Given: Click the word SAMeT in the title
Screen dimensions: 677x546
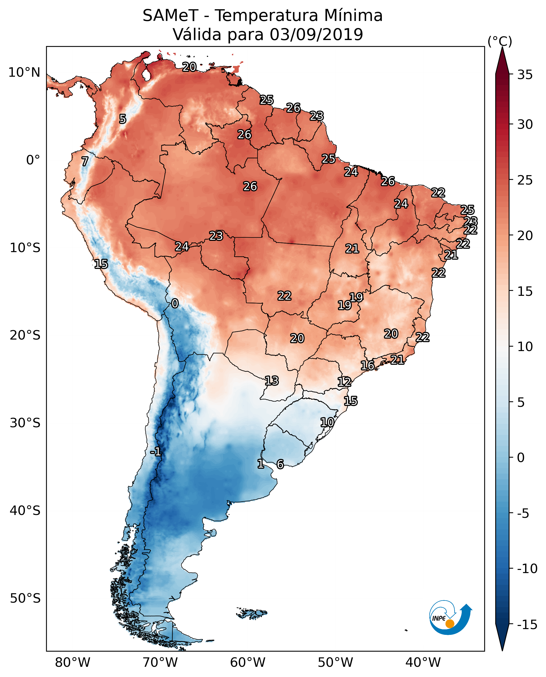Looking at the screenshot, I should [170, 16].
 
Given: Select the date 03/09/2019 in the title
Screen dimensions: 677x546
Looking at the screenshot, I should [316, 34].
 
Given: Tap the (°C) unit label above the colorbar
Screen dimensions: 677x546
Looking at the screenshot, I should [499, 42].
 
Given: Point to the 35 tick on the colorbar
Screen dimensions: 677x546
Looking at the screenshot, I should [525, 75].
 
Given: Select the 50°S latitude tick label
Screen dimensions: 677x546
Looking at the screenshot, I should [25, 598].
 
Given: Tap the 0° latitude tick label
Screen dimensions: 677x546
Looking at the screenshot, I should [33, 160].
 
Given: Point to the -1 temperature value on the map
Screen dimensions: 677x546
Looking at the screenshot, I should [155, 452].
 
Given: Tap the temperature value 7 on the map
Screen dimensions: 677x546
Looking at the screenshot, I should [85, 161].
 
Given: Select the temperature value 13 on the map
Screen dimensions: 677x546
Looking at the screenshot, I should [271, 381].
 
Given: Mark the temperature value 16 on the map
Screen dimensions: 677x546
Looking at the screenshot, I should [367, 365].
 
